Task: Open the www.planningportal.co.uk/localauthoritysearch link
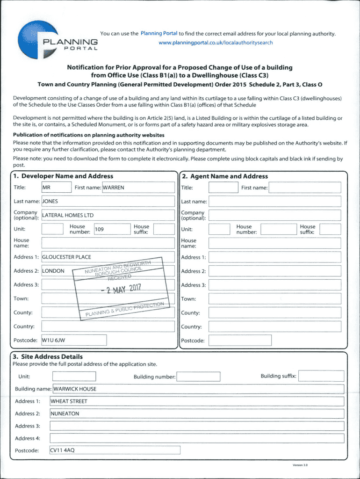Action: [216, 43]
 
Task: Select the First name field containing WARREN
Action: [138, 188]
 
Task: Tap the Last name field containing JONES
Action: [108, 201]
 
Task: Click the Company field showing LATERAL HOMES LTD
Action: [108, 215]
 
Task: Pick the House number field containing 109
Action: [112, 229]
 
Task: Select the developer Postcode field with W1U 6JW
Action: [74, 340]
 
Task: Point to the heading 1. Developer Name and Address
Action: [63, 176]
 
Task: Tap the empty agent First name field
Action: [304, 188]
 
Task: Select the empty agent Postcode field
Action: [239, 340]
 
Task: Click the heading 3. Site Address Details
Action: [48, 356]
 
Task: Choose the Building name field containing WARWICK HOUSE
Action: [198, 389]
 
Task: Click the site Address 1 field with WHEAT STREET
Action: [196, 401]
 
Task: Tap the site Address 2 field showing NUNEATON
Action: [196, 414]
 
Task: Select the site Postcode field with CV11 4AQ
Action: [115, 450]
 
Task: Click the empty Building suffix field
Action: [321, 376]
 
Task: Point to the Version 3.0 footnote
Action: [300, 465]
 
